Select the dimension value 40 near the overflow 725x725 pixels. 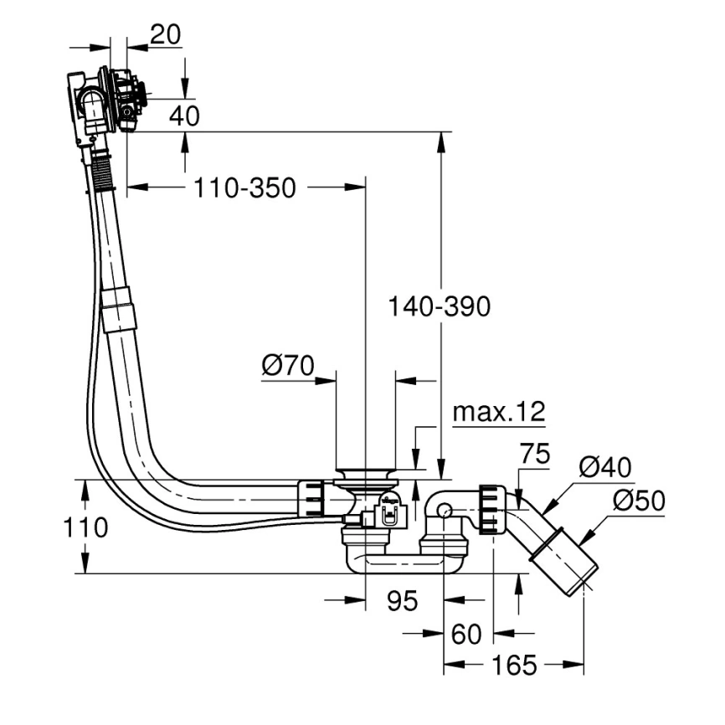click(x=184, y=116)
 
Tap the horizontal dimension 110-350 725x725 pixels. click(x=244, y=188)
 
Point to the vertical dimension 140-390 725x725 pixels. click(x=438, y=307)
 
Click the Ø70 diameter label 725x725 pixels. click(x=287, y=365)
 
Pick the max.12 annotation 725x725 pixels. click(x=498, y=412)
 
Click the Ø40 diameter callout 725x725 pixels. click(x=604, y=467)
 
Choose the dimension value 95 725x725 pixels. click(x=403, y=600)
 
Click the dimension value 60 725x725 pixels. click(x=466, y=635)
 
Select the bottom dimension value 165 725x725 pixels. click(x=513, y=666)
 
